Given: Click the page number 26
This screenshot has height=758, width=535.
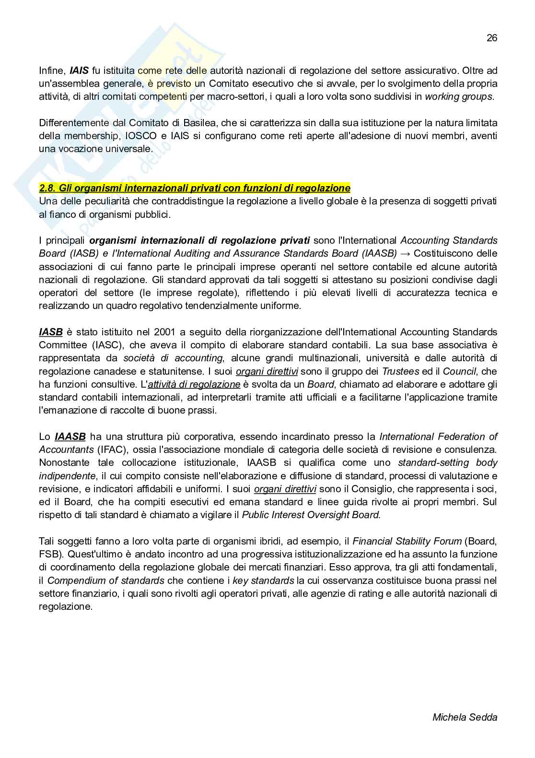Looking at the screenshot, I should click(492, 38).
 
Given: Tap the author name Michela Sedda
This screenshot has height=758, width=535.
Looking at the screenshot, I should click(465, 717).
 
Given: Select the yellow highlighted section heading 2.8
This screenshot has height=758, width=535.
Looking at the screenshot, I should click(195, 188).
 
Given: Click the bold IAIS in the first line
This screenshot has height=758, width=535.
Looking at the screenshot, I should click(79, 71).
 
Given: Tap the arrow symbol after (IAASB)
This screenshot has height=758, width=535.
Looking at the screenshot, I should click(405, 253).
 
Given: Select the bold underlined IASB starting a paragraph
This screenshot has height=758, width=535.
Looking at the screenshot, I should click(51, 332).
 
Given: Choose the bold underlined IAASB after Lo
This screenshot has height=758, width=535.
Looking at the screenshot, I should click(70, 437).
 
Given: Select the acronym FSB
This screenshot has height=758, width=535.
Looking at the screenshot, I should click(48, 554).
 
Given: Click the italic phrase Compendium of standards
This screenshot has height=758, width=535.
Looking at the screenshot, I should click(106, 580).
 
